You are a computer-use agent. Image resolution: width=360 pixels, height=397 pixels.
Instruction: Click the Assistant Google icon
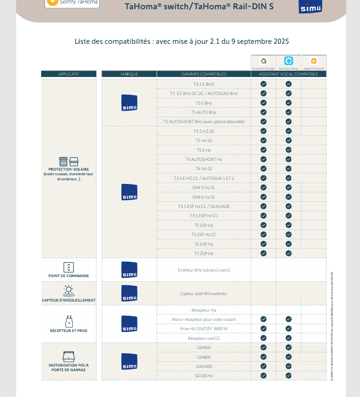click(264, 61)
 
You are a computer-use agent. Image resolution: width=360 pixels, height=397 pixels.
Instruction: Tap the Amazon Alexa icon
click(288, 61)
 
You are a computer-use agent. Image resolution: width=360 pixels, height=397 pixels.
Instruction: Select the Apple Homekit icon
click(314, 61)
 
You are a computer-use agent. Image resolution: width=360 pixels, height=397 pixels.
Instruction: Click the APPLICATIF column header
click(69, 74)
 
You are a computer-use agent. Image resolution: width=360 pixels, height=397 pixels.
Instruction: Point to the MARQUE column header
click(129, 74)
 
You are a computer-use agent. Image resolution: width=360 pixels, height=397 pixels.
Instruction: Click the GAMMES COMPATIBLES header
click(204, 74)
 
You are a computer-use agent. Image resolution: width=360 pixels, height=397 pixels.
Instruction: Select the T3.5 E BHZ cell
click(204, 84)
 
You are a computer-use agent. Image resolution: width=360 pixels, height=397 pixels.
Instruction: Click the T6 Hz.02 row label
click(204, 169)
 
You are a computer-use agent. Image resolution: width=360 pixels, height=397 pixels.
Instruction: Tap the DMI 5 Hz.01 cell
click(204, 188)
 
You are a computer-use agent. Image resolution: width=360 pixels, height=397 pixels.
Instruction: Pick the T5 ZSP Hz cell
click(204, 254)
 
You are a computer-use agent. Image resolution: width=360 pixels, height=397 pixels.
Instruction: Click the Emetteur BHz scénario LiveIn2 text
click(204, 270)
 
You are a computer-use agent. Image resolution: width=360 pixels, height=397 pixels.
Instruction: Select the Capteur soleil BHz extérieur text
click(204, 294)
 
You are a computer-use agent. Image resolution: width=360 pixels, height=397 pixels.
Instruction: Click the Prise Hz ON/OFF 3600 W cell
click(204, 329)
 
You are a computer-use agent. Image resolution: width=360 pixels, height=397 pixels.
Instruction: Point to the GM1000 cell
click(204, 367)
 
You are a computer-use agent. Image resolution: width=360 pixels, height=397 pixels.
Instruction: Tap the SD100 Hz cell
click(204, 376)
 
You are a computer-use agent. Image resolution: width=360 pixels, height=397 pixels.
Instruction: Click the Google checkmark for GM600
click(264, 348)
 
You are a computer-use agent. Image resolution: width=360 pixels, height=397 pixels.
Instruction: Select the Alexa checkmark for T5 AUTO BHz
click(288, 113)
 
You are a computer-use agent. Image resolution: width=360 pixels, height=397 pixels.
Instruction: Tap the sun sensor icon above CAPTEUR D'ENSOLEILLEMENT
click(69, 290)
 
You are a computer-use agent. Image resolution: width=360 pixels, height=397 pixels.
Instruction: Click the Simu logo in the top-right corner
click(310, 7)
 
